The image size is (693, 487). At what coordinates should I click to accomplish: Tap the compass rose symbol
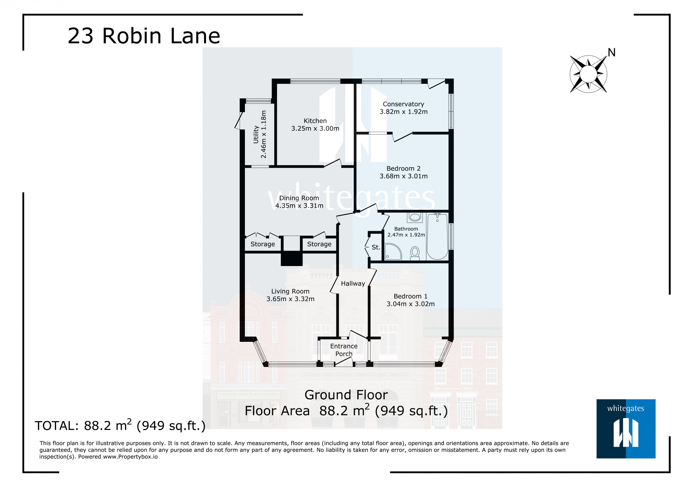click(x=588, y=74)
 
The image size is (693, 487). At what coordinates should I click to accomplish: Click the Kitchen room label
click(x=315, y=121)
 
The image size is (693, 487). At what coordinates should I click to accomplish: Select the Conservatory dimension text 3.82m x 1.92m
click(x=403, y=112)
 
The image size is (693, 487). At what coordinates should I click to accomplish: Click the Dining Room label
click(x=299, y=198)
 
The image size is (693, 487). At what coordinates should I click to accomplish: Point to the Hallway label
click(x=353, y=284)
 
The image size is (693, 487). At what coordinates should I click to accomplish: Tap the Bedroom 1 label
click(x=411, y=296)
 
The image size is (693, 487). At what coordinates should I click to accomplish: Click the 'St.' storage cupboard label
click(x=376, y=247)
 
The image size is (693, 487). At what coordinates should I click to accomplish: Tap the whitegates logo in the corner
click(x=626, y=429)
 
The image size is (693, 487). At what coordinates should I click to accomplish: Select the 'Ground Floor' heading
click(x=346, y=395)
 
